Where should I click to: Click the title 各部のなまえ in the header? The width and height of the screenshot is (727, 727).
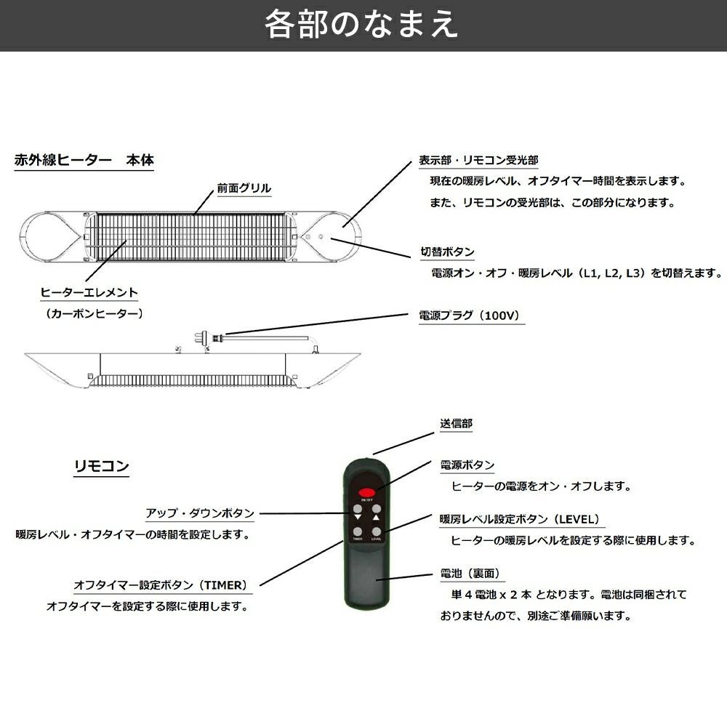361,25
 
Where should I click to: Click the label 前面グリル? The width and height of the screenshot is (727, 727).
244,188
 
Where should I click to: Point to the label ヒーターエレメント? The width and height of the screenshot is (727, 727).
89,293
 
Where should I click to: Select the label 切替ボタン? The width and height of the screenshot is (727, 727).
447,252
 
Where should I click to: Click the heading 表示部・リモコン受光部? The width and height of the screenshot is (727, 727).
478,160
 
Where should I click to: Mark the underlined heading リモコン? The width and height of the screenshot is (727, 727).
102,466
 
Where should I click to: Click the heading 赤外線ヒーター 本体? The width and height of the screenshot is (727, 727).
84,161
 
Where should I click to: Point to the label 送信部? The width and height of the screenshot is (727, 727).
456,423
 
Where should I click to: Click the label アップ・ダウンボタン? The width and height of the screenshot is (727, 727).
200,513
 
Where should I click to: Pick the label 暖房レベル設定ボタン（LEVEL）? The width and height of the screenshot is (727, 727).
521,519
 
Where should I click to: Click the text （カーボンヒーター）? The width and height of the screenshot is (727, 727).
93,314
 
